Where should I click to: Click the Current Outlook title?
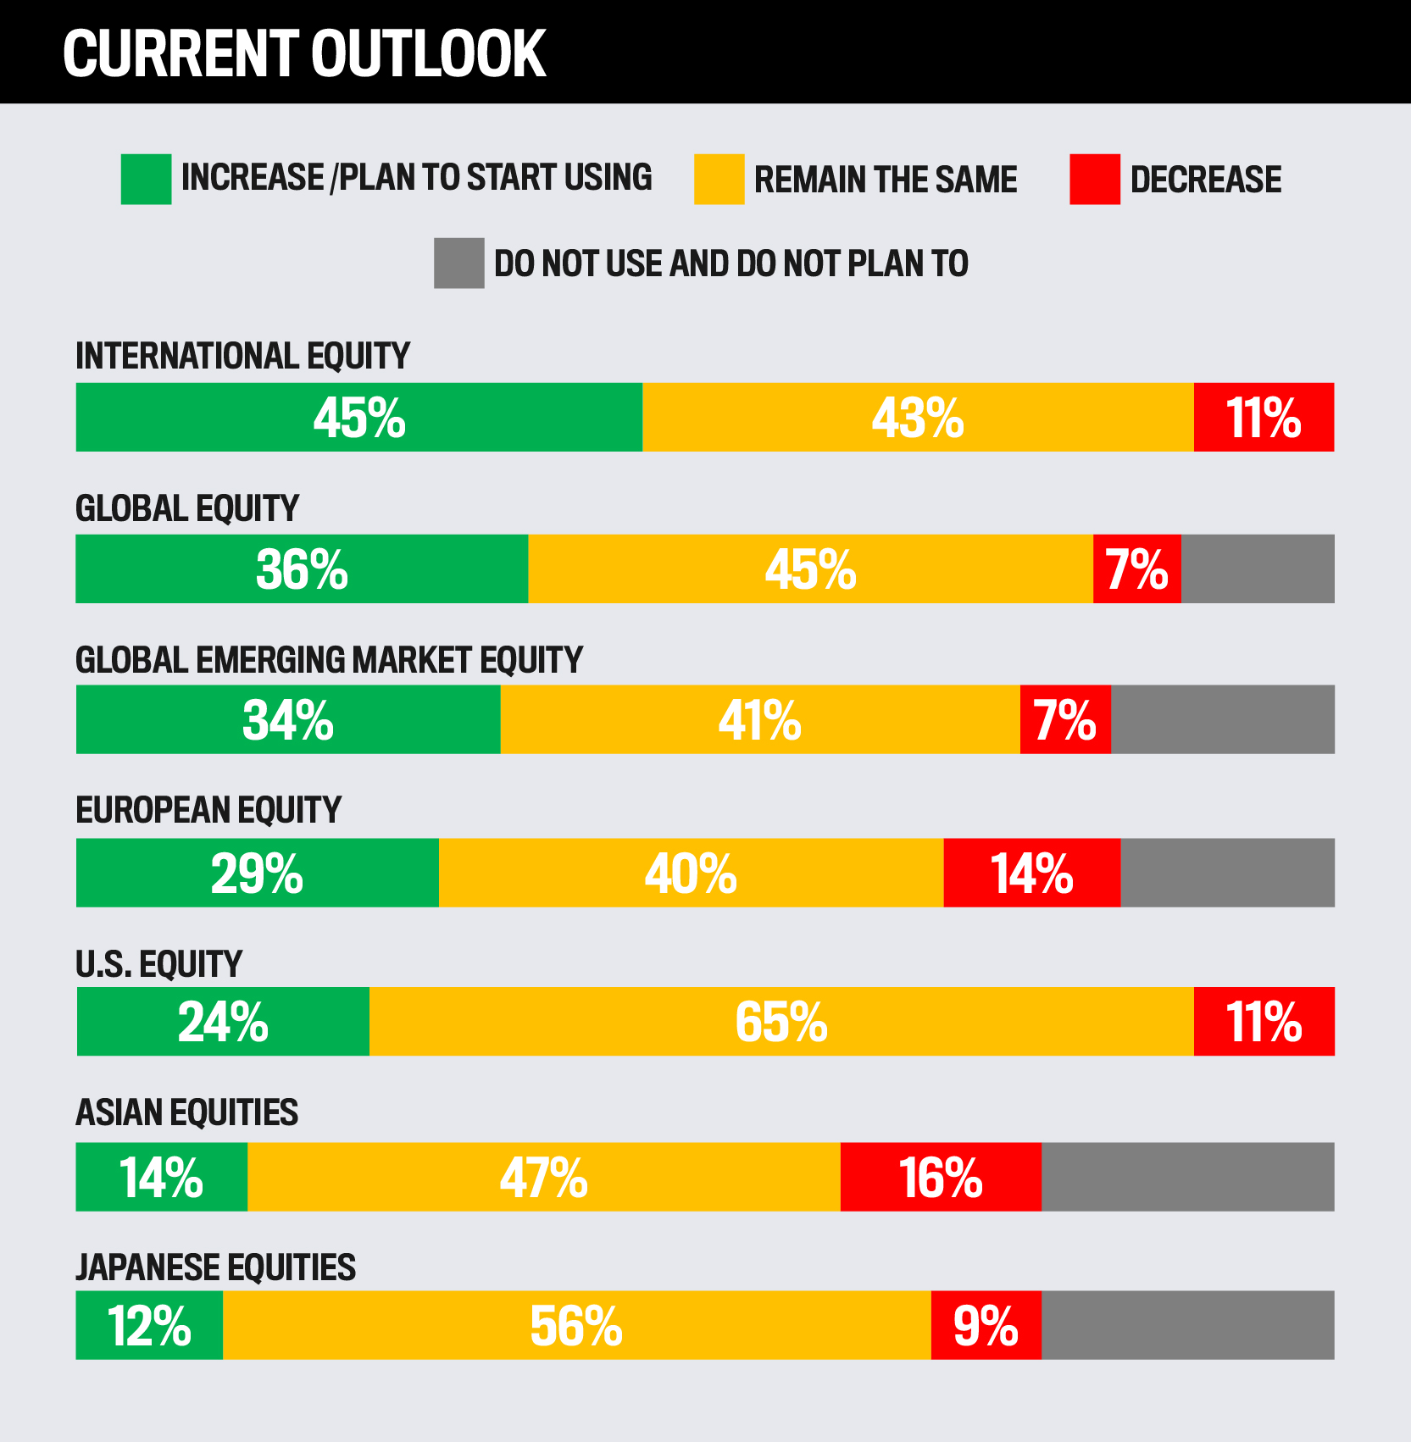(304, 53)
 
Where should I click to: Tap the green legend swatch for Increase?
(146, 179)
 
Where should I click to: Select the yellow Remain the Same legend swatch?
(719, 179)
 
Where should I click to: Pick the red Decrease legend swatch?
(1094, 179)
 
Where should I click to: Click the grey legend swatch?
(458, 263)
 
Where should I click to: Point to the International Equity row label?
(242, 356)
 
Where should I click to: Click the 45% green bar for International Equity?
(359, 417)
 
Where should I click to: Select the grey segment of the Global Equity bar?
(1258, 568)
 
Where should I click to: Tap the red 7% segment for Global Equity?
(1136, 568)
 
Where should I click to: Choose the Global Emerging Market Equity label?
(329, 660)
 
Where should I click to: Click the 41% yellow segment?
(760, 719)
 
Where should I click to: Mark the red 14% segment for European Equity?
(1032, 873)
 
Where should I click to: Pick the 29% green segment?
(258, 873)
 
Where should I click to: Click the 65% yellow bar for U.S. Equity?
(781, 1021)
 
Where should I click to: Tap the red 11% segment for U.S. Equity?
(1264, 1021)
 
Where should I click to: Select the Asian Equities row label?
(186, 1112)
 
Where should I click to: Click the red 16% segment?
(941, 1177)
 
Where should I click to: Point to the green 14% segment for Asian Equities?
(162, 1177)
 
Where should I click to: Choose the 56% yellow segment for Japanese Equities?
(576, 1325)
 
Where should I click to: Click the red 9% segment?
(986, 1325)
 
